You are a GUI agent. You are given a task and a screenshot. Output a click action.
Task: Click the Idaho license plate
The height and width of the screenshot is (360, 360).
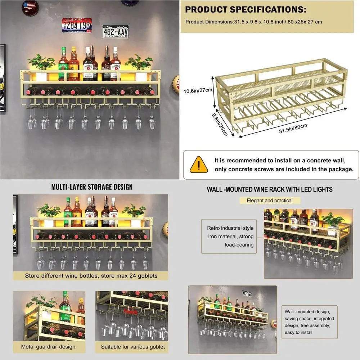77,25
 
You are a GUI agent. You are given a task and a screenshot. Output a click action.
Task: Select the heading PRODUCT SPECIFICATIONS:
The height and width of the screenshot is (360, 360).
246,9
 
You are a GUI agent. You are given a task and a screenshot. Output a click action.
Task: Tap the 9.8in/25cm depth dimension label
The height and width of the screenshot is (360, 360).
220,124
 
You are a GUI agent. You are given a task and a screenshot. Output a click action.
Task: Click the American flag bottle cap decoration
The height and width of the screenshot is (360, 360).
30,7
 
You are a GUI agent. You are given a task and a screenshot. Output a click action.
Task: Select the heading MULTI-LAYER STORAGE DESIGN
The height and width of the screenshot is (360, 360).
92,187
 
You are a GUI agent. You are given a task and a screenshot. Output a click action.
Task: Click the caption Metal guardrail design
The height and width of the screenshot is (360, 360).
48,347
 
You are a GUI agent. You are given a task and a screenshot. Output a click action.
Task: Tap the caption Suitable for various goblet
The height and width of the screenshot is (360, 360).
133,347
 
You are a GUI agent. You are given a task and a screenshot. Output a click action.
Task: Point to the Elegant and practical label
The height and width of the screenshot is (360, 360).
270,201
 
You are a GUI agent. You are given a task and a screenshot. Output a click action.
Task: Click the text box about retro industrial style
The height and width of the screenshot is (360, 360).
230,237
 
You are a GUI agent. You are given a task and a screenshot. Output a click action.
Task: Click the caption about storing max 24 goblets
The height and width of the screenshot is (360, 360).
91,276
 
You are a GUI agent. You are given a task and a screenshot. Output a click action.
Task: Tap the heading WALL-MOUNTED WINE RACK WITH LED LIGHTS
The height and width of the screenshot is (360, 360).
269,189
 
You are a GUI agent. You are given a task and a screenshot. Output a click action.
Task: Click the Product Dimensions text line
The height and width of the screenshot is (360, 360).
253,22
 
